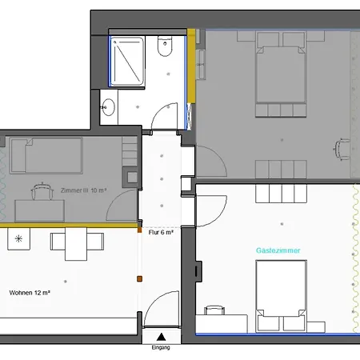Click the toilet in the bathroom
[165, 46]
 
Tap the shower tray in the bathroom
[127, 62]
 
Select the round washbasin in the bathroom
[108, 107]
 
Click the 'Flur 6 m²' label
[161, 232]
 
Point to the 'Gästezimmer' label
[278, 250]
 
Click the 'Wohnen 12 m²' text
[30, 293]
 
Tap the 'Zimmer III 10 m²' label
[83, 190]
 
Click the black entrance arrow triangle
[161, 337]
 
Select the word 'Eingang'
[161, 347]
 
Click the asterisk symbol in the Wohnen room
[18, 238]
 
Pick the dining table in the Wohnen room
[76, 244]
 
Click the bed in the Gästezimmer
[281, 296]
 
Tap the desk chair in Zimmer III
[42, 191]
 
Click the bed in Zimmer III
[46, 155]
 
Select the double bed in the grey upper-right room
[281, 74]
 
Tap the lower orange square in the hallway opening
[139, 279]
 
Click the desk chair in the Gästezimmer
[214, 310]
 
